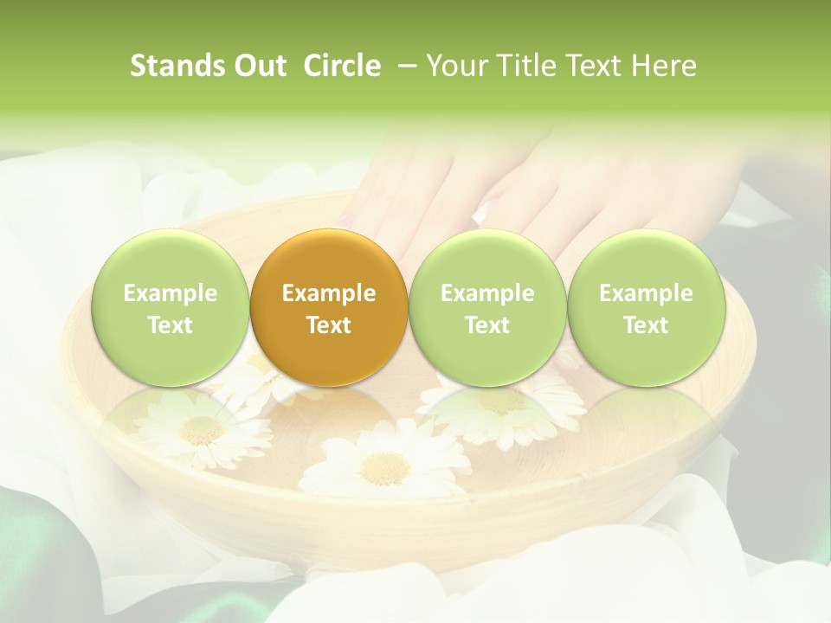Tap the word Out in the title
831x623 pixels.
tap(258, 66)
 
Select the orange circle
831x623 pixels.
tap(329, 307)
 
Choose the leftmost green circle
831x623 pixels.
tap(171, 307)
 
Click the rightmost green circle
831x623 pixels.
tap(646, 307)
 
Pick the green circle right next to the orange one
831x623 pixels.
tap(487, 307)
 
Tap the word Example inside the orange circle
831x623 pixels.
tap(329, 293)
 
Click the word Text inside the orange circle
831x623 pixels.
tap(329, 325)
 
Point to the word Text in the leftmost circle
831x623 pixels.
tap(171, 325)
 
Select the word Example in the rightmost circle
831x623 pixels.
tap(646, 293)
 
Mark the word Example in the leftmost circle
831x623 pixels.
tap(171, 293)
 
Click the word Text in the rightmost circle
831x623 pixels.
tap(646, 325)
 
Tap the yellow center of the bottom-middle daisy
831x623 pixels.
tap(383, 468)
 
